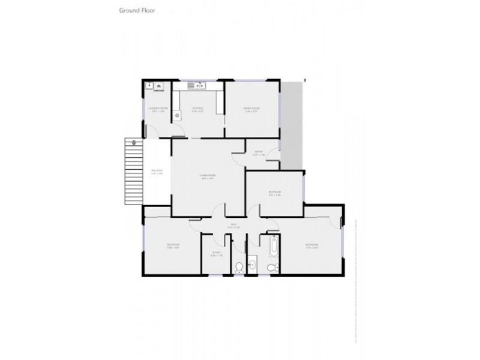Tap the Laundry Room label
[x=158, y=109]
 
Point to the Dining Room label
[x=251, y=109]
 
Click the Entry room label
[x=259, y=152]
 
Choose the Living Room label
[x=208, y=176]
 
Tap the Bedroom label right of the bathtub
[x=311, y=245]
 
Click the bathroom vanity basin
[x=252, y=264]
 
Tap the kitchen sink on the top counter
[x=195, y=84]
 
